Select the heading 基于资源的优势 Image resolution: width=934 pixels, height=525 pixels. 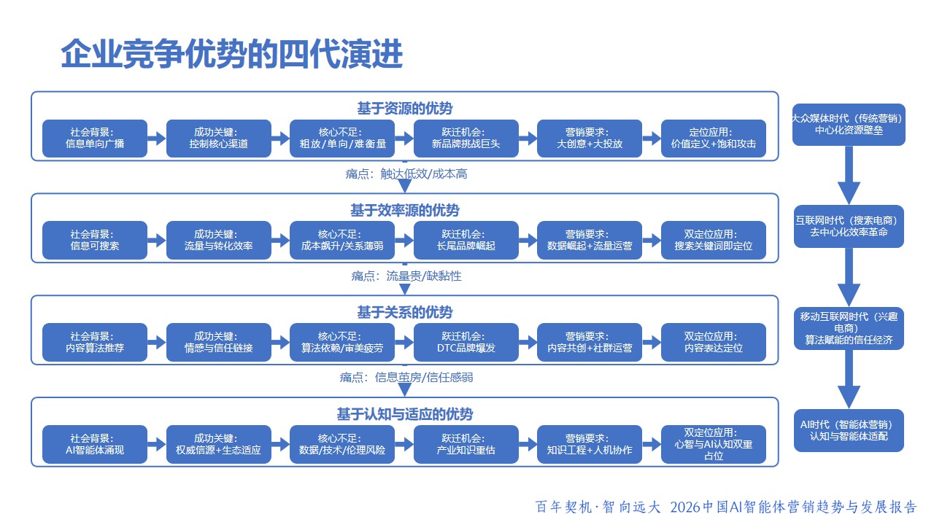(x=404, y=109)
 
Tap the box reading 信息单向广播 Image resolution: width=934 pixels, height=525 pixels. (x=95, y=139)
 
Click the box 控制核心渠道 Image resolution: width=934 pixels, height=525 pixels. (x=218, y=139)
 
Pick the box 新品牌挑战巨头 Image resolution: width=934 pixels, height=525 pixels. (x=466, y=139)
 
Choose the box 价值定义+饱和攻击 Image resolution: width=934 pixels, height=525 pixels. (x=714, y=139)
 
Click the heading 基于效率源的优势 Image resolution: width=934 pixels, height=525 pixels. (x=404, y=211)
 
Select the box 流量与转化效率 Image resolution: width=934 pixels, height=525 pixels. (x=218, y=241)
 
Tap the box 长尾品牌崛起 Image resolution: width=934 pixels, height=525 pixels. (x=466, y=241)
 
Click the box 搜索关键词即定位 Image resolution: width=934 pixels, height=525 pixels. (x=714, y=241)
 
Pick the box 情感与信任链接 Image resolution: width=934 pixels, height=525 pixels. (x=218, y=343)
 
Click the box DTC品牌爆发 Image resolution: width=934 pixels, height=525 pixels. (x=466, y=343)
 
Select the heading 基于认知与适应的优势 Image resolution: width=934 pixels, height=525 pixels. (x=404, y=414)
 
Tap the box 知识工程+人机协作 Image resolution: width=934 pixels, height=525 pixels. (x=590, y=445)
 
